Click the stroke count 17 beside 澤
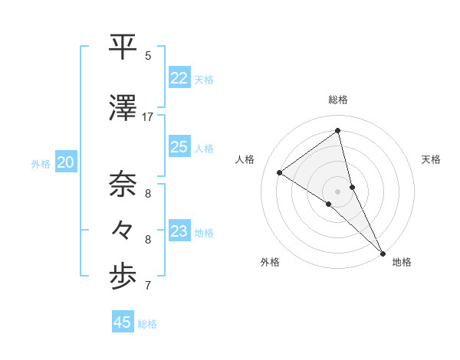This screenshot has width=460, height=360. point(148,117)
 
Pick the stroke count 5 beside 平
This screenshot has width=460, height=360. point(148,56)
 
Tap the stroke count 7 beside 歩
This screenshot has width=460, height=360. point(148,286)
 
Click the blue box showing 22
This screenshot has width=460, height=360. point(179,78)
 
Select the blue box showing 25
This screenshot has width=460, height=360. point(179,147)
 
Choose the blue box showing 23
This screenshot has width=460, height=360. point(179,231)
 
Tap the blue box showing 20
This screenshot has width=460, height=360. point(66,162)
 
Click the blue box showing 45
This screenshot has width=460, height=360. point(123,322)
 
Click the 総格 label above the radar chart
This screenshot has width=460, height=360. point(338,100)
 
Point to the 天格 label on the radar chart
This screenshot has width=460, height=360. point(432,159)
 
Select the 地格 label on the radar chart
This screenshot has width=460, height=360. point(402,262)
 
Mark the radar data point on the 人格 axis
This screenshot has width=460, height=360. point(280,172)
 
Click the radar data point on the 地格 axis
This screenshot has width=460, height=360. point(383,252)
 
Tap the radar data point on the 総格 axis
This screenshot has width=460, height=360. point(338,131)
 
